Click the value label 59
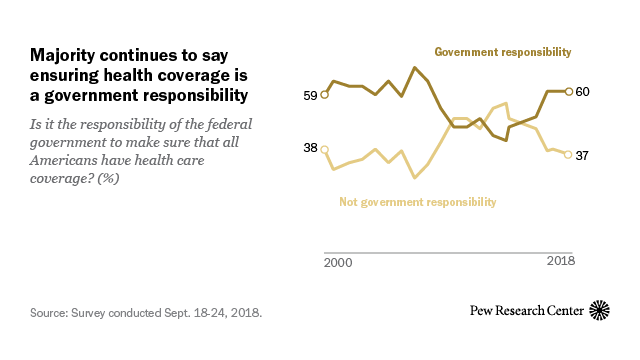click(x=310, y=96)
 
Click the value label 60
click(x=583, y=92)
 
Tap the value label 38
click(x=310, y=149)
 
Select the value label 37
click(x=583, y=155)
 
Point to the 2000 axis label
click(x=337, y=261)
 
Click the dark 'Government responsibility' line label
click(x=502, y=51)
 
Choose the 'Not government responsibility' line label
click(x=417, y=202)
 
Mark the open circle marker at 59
click(x=324, y=95)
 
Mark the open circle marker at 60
click(x=569, y=91)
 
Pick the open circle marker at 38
click(x=324, y=148)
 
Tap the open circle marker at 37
click(x=569, y=154)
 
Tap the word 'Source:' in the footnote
click(x=50, y=313)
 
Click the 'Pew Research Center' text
click(x=527, y=312)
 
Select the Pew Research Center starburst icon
click(x=601, y=311)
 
